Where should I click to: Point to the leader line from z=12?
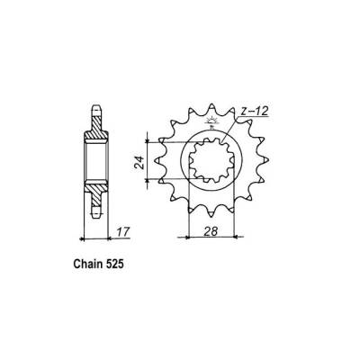pyautogui.click(x=232, y=121)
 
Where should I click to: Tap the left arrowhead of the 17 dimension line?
pyautogui.click(x=84, y=239)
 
